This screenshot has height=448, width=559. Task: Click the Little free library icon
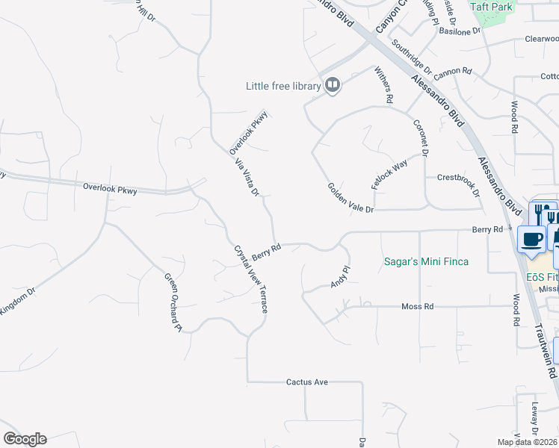coord(333,86)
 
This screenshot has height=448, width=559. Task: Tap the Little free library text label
coord(283,87)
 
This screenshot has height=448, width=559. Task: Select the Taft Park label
coord(491,6)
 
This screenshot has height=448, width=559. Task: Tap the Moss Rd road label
coord(418,306)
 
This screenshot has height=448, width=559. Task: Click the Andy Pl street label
coord(340,277)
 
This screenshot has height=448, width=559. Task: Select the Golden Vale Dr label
coord(350,198)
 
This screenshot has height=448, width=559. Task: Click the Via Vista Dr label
coord(247,177)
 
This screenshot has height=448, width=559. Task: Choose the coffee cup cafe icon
coord(531,240)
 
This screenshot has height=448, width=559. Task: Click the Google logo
coord(25,439)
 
